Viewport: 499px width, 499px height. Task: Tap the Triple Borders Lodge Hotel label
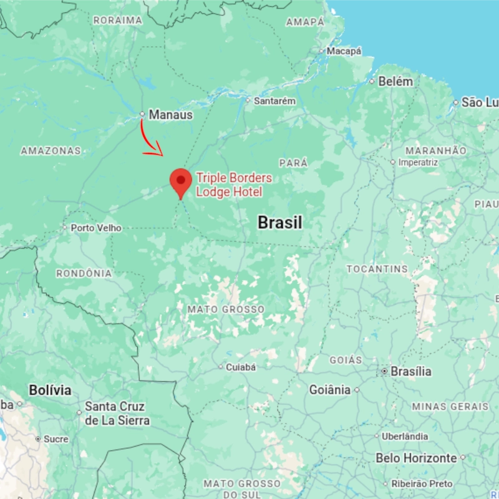coord(234,185)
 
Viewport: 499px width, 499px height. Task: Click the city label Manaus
coord(170,115)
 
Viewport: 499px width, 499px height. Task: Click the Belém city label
coord(395,81)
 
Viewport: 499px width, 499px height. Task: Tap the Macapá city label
coord(344,51)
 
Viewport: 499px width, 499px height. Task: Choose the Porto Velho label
coord(96,228)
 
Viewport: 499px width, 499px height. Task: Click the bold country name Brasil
coord(280,223)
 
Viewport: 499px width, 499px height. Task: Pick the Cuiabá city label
coord(241,367)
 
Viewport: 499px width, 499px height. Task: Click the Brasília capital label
coord(410,371)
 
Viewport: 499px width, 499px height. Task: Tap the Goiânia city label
coord(330,390)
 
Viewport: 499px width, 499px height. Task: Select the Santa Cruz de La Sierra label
coord(117,414)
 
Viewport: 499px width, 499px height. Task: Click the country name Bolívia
coord(50,390)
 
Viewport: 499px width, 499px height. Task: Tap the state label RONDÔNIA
coord(84,273)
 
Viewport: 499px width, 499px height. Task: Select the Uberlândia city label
coord(405,437)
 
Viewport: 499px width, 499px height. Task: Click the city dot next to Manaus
coord(142,114)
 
